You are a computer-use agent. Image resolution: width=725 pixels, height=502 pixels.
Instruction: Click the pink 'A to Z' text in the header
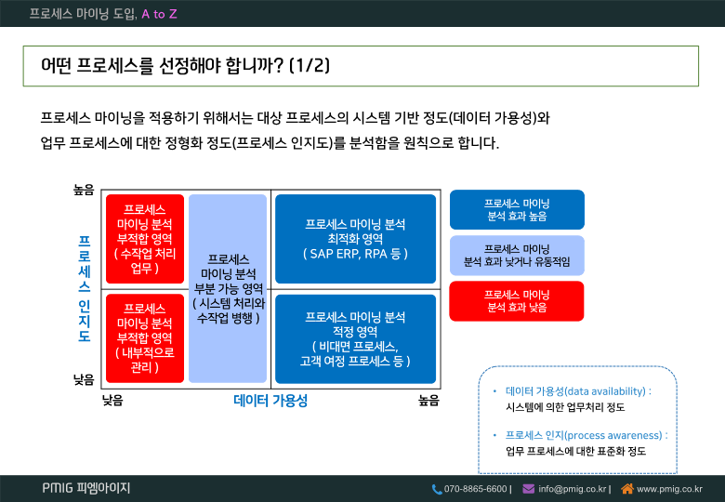(x=159, y=14)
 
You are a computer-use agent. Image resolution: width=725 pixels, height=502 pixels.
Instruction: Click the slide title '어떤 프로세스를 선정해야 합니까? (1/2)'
(x=185, y=66)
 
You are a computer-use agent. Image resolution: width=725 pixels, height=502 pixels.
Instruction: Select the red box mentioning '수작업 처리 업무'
(x=145, y=239)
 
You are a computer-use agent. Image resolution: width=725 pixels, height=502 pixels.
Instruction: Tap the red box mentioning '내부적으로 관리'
(x=145, y=338)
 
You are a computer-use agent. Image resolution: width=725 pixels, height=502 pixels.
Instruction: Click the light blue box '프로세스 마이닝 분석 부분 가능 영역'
(x=228, y=288)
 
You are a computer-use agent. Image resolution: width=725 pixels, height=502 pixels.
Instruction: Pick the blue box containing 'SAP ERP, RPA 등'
(x=355, y=239)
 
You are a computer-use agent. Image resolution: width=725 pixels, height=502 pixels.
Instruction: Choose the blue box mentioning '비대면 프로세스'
(x=355, y=338)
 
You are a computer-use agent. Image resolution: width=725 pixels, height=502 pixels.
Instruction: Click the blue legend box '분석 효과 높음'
(x=517, y=209)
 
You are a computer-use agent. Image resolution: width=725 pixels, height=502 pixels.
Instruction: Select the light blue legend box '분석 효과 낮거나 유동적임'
(x=517, y=255)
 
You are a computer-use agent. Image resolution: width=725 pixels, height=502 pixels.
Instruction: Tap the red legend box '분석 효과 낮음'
(x=517, y=301)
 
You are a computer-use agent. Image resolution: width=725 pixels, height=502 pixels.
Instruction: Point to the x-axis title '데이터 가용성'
(x=270, y=401)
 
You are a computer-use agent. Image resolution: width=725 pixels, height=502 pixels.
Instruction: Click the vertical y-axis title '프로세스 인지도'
(x=85, y=288)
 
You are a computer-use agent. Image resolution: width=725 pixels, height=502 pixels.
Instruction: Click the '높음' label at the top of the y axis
(x=84, y=190)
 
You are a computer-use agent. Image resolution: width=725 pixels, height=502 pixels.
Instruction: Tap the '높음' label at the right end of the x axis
(x=428, y=401)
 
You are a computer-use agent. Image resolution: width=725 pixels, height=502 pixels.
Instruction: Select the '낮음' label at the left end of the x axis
(x=112, y=401)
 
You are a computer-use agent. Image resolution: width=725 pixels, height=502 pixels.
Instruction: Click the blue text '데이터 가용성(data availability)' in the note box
(x=575, y=391)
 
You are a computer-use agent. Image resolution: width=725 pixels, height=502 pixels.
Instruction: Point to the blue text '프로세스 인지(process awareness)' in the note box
(x=584, y=435)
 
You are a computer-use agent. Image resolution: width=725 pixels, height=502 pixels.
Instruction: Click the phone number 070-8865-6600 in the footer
(x=475, y=489)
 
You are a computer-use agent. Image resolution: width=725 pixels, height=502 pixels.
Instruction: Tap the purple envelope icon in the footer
(x=529, y=489)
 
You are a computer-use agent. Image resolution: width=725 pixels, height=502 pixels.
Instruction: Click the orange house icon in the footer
(x=627, y=488)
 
